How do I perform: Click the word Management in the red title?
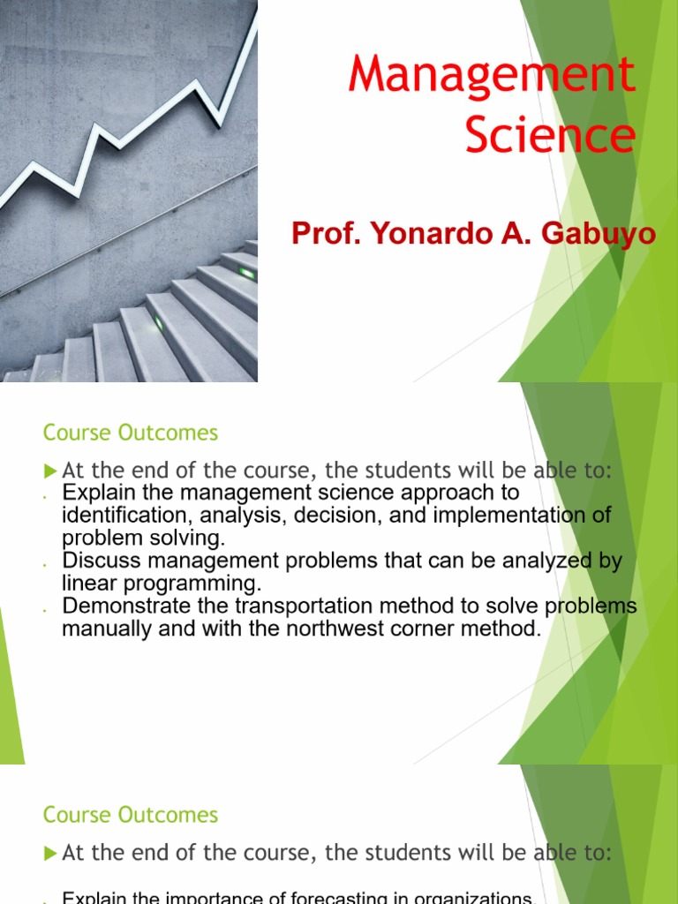click(x=492, y=75)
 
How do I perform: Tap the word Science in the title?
click(x=549, y=135)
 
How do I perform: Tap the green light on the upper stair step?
click(x=246, y=274)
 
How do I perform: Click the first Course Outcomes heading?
click(x=130, y=433)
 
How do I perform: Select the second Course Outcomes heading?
click(x=130, y=814)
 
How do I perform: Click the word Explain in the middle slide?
click(x=96, y=493)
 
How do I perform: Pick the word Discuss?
click(x=98, y=561)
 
